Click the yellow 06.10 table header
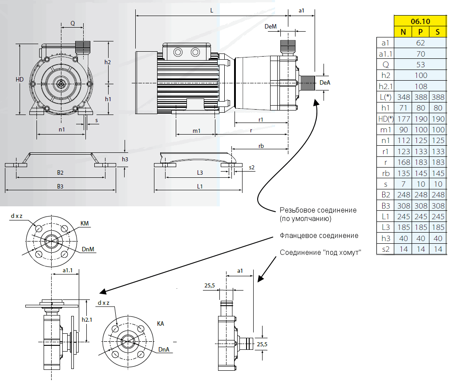point(420,21)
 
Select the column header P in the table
point(421,32)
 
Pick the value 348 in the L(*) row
point(404,97)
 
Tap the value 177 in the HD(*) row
point(404,119)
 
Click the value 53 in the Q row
point(421,65)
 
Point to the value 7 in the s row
point(404,184)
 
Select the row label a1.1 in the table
point(385,54)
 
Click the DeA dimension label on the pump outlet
point(325,82)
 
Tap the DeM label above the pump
point(271,27)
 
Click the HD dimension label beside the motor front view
point(20,79)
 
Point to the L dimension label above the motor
point(211,10)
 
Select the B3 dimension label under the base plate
point(60,186)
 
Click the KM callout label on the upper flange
point(84,223)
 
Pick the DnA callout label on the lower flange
point(164,350)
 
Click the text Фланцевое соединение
point(319,235)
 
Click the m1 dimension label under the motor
point(196,131)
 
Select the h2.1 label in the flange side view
point(87,320)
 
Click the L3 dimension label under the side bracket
point(200,172)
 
